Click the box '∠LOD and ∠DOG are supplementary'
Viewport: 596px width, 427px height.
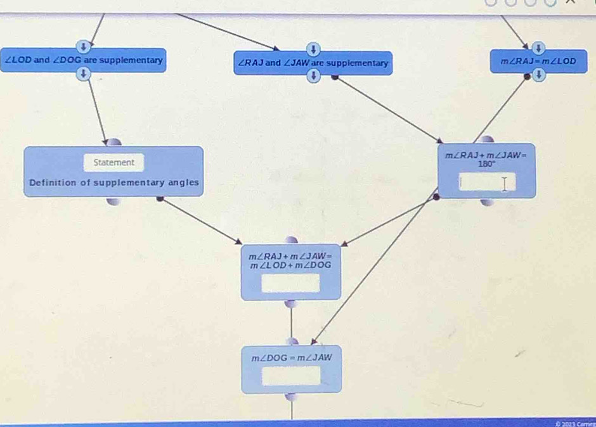[x=84, y=61]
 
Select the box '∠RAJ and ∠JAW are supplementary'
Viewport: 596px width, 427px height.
[x=313, y=63]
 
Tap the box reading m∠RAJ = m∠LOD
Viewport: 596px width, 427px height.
[x=538, y=61]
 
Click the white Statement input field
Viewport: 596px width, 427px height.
[x=114, y=162]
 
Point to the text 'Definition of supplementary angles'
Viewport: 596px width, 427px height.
[x=114, y=182]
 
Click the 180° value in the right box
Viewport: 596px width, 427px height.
[x=487, y=162]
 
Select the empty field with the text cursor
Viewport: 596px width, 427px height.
[x=487, y=184]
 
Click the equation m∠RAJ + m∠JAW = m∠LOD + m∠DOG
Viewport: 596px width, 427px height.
[x=290, y=260]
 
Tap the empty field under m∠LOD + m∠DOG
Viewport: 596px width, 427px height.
[x=291, y=283]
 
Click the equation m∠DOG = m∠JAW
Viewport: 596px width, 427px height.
[x=292, y=358]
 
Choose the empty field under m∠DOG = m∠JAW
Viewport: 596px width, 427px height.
[x=292, y=376]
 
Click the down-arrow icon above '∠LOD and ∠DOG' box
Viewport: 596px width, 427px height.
[x=82, y=46]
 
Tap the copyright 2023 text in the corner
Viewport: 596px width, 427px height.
[x=574, y=423]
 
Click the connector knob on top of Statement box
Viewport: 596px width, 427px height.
[x=113, y=143]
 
